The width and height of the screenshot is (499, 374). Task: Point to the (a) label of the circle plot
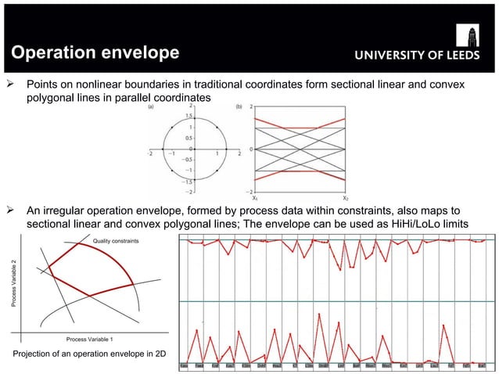click(x=151, y=107)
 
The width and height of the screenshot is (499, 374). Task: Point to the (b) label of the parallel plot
click(x=243, y=107)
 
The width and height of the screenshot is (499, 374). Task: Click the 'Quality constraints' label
click(x=117, y=241)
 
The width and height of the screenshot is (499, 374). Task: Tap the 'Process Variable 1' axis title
click(x=89, y=338)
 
